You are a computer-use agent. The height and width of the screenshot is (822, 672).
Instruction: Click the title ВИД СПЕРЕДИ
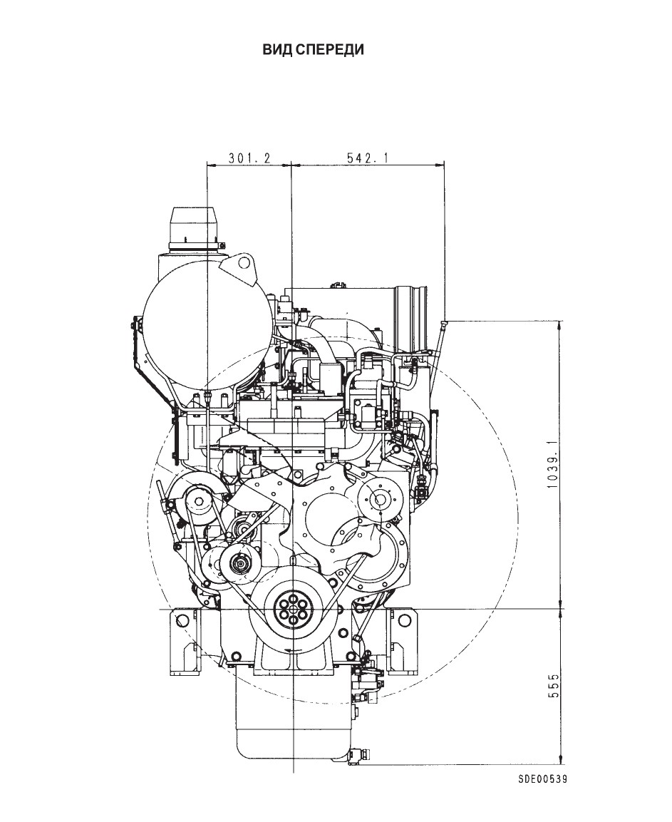(314, 50)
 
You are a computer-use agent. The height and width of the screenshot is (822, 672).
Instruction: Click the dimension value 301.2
(249, 158)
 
